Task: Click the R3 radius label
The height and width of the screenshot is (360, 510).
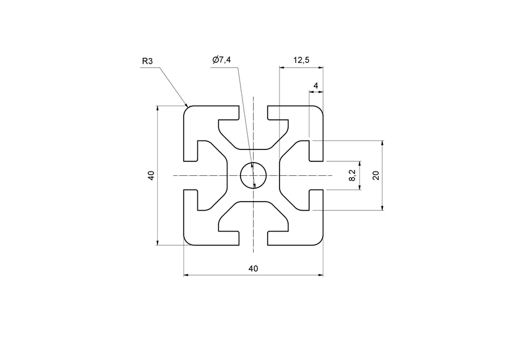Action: click(x=148, y=61)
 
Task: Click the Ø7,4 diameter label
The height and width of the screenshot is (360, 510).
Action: click(x=221, y=60)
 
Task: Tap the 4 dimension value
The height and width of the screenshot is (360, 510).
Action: click(x=316, y=85)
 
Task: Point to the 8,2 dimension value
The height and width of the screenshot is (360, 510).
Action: click(x=352, y=176)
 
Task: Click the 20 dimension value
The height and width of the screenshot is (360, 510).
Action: click(x=376, y=175)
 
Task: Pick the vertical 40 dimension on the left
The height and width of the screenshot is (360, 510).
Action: click(x=151, y=176)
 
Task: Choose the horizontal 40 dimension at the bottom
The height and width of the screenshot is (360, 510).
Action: click(x=253, y=269)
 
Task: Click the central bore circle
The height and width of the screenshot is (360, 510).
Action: click(x=253, y=176)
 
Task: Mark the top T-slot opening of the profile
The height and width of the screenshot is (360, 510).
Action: click(x=253, y=113)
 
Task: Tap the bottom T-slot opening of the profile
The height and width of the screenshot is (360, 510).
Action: click(x=253, y=239)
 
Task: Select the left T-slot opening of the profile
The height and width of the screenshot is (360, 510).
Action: click(x=190, y=176)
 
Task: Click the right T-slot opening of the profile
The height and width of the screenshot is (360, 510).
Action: click(x=316, y=176)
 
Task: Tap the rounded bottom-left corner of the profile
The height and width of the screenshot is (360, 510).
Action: click(x=187, y=242)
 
